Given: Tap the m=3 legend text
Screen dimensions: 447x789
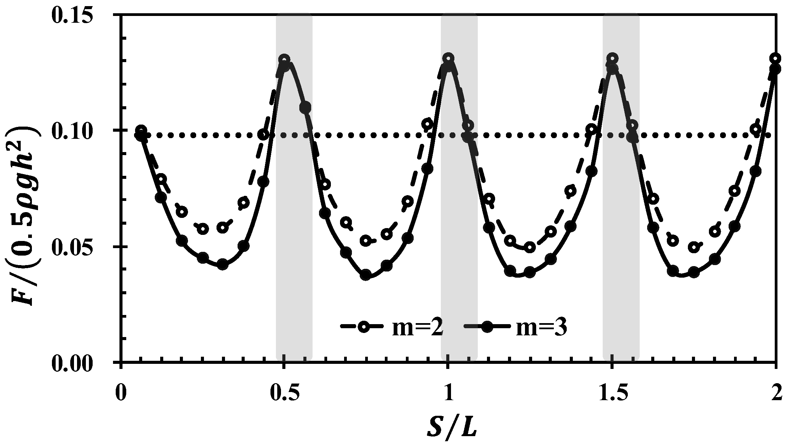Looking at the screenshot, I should tap(541, 329).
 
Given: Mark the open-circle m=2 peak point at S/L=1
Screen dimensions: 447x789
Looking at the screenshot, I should tap(448, 58).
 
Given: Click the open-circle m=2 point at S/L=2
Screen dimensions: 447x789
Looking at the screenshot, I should tap(775, 58).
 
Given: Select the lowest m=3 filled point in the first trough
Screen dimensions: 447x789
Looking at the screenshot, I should tap(222, 264).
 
